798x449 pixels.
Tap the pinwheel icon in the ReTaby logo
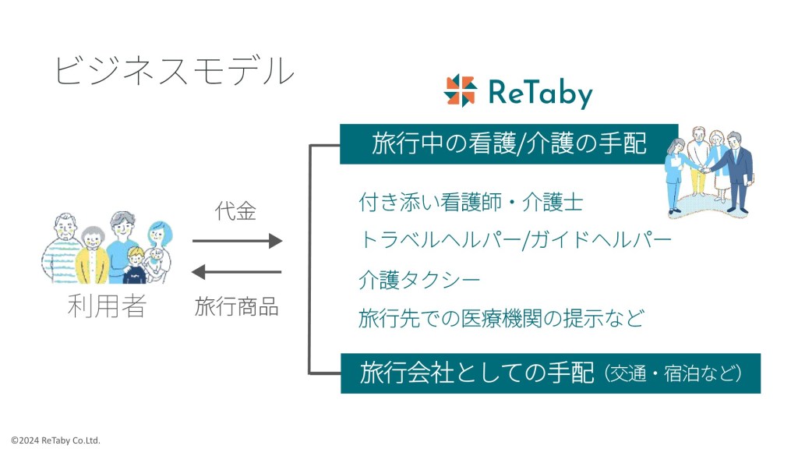point(460,90)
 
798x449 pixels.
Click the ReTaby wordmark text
point(540,92)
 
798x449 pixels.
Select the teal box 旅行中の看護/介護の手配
point(509,143)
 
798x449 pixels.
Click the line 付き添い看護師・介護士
point(471,203)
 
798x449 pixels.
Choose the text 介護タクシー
point(419,279)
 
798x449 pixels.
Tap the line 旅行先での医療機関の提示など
point(502,317)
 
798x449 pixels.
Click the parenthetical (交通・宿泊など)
point(673,373)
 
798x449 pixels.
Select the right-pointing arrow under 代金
point(237,241)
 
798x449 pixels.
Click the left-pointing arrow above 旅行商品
point(237,272)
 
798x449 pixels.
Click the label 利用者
point(107,307)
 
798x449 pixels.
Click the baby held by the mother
point(157,260)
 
